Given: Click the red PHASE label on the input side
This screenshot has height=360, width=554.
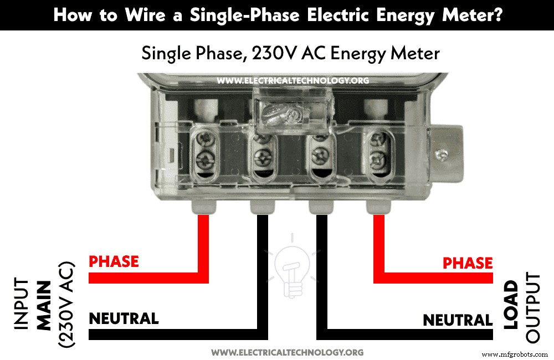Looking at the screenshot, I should point(114,261).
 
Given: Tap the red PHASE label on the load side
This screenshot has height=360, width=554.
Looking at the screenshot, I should point(468,263).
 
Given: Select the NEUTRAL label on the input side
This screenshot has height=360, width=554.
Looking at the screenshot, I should point(124,318).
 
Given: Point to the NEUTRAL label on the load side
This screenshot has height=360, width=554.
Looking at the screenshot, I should point(458,320).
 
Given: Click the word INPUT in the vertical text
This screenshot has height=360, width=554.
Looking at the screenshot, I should point(21,304).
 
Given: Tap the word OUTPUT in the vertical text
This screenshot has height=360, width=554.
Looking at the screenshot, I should point(532,307).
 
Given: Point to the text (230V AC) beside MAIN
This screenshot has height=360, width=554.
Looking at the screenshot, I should point(66,304).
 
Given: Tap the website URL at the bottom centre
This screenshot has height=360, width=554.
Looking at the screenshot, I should point(288,352).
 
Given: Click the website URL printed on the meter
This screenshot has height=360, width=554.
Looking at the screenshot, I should point(293,80).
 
